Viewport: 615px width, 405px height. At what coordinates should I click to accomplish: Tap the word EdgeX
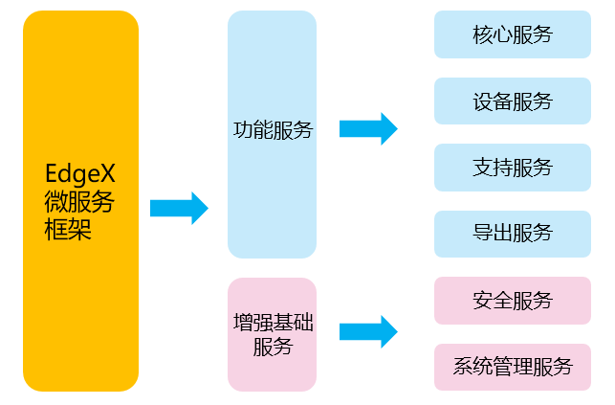click(80, 174)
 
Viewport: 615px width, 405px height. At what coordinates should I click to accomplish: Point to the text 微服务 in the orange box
click(80, 202)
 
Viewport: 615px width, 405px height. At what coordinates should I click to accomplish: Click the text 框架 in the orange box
click(68, 230)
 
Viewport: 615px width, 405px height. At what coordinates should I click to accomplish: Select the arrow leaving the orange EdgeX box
click(179, 208)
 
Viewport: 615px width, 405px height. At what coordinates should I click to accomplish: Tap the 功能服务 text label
click(273, 130)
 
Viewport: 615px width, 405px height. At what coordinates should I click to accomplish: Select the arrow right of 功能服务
click(368, 128)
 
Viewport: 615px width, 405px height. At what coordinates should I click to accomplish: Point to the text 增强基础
click(273, 321)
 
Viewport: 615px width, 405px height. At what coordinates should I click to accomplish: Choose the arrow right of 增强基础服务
click(368, 331)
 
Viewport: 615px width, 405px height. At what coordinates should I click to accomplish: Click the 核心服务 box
click(513, 35)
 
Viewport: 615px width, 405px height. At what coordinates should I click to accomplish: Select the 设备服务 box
click(513, 101)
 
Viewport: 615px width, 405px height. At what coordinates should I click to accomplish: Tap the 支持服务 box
click(513, 168)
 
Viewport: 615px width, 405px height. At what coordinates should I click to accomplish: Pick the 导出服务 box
click(513, 234)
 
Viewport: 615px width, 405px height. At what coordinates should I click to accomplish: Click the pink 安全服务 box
click(513, 301)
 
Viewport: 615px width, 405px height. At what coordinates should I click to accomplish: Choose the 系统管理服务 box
click(513, 367)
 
